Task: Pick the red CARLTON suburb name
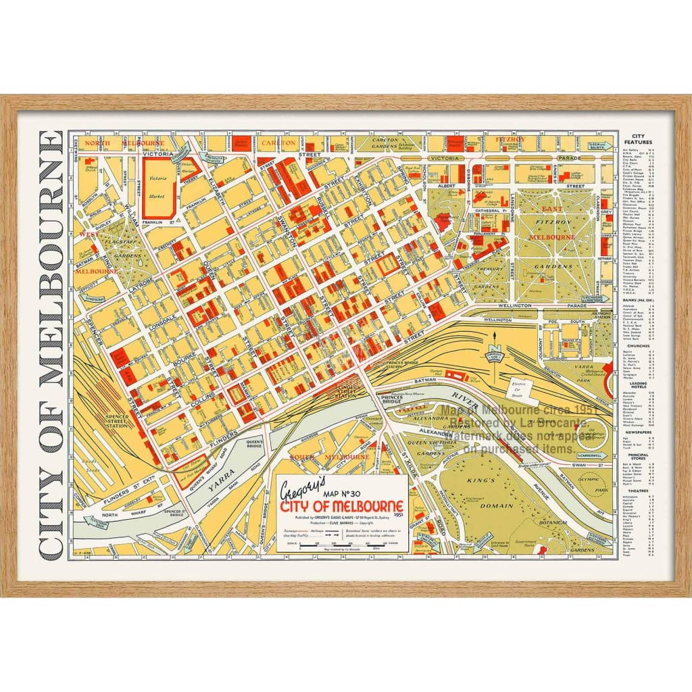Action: (x=278, y=143)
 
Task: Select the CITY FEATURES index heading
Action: (x=638, y=139)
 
